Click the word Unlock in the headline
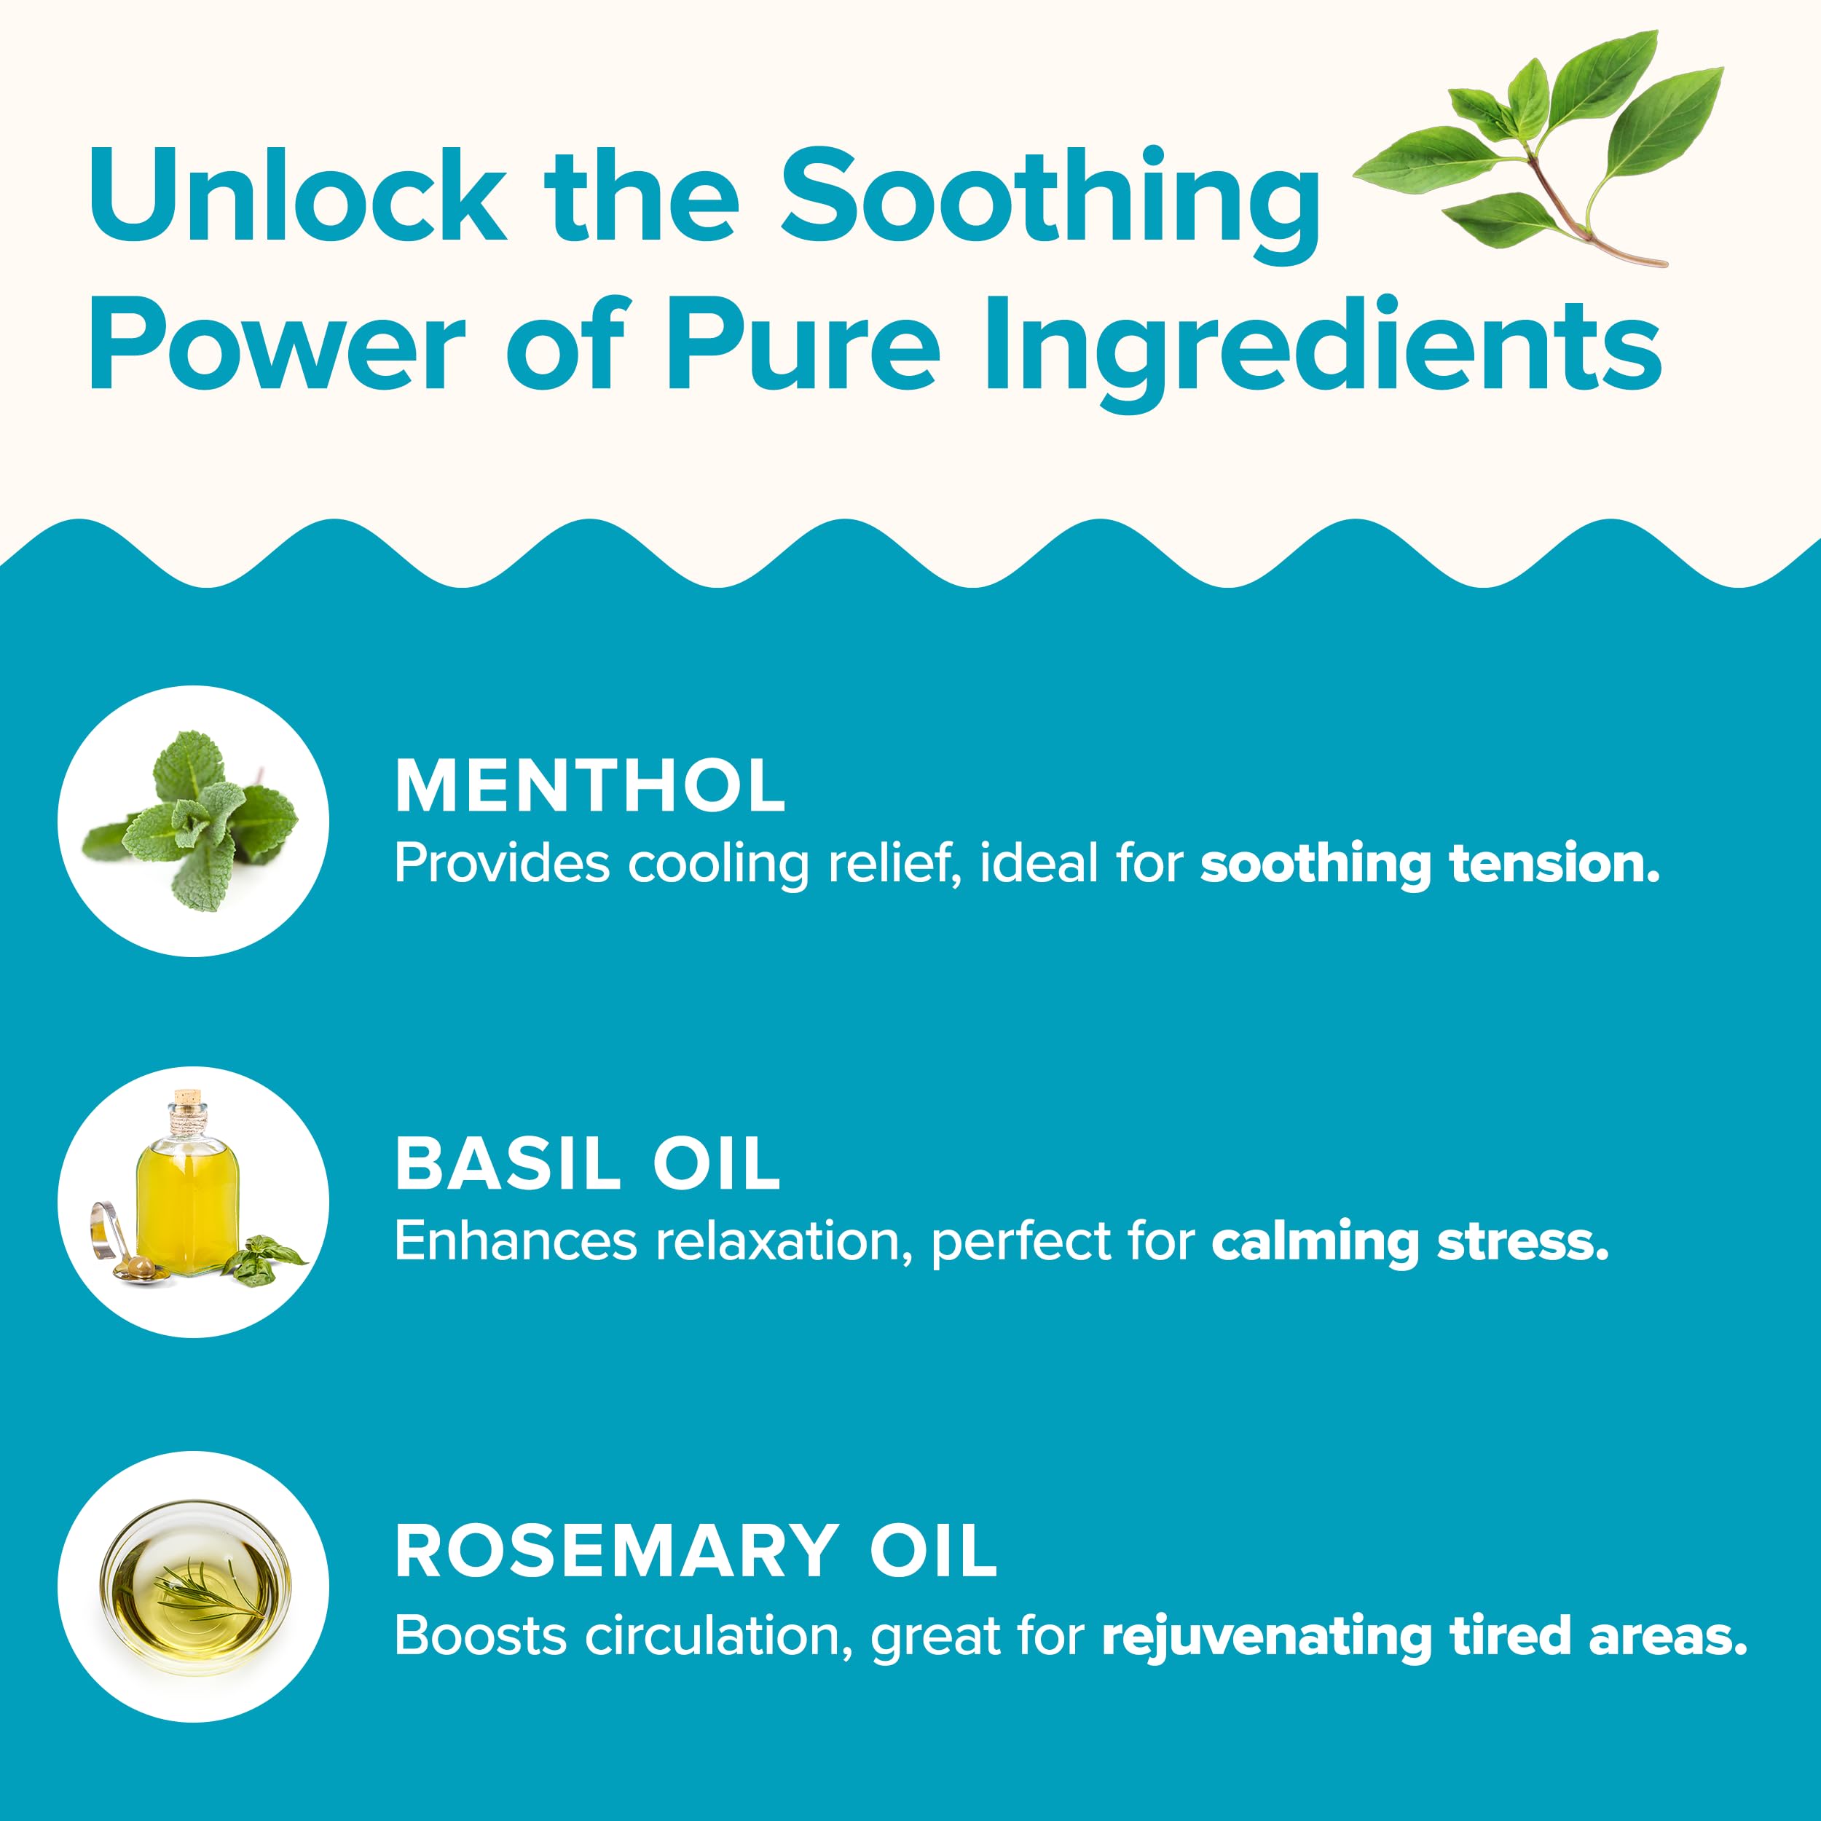point(298,195)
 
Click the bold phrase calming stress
point(1410,1241)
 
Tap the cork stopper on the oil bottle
point(188,1100)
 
